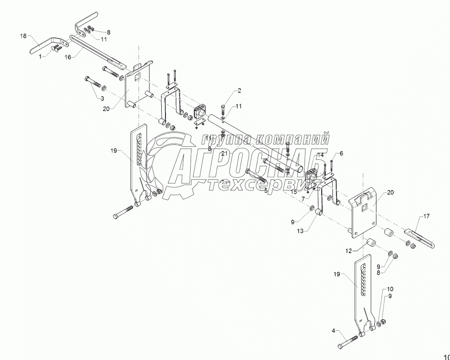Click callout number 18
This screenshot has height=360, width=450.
tap(24, 36)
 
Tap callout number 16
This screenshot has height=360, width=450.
tap(68, 58)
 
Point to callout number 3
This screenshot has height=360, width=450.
tap(101, 98)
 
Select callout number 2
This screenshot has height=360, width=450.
tap(226, 91)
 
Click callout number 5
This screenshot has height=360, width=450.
tap(265, 190)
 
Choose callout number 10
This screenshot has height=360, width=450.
tap(390, 289)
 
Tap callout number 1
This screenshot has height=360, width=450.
tap(40, 56)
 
